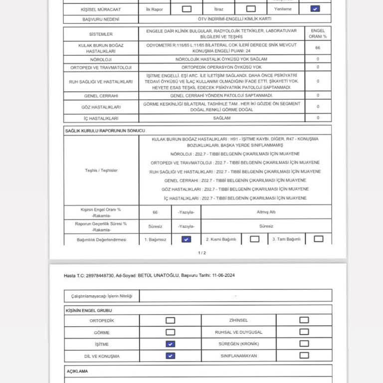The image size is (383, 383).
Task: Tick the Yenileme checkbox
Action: click(x=315, y=8)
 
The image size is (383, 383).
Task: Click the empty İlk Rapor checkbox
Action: click(x=187, y=8)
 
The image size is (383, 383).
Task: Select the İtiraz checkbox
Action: click(x=251, y=8)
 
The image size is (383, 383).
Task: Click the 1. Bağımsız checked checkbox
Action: click(x=186, y=239)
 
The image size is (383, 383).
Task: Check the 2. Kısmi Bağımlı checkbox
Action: click(x=254, y=239)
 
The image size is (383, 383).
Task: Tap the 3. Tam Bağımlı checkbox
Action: click(x=318, y=239)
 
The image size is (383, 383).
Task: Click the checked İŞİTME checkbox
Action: click(x=170, y=344)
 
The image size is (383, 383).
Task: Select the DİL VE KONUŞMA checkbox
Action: click(x=170, y=356)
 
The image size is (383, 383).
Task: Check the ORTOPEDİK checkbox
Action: click(x=170, y=321)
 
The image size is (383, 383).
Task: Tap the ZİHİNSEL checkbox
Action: click(x=304, y=320)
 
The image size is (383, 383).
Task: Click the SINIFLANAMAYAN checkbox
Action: click(x=304, y=356)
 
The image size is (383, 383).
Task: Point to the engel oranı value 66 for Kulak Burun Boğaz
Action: click(x=318, y=48)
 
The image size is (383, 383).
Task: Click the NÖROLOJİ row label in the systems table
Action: click(x=101, y=59)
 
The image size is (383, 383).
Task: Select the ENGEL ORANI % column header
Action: click(x=318, y=33)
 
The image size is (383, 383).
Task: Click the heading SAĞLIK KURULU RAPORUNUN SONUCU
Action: click(x=105, y=130)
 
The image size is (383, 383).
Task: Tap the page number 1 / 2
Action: click(x=201, y=253)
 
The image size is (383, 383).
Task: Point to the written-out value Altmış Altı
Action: click(x=266, y=212)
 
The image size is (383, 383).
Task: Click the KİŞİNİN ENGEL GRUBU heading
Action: click(x=86, y=310)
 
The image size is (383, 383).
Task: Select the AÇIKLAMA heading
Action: click(x=77, y=372)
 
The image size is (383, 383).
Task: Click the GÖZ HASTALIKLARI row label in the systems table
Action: click(x=101, y=107)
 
